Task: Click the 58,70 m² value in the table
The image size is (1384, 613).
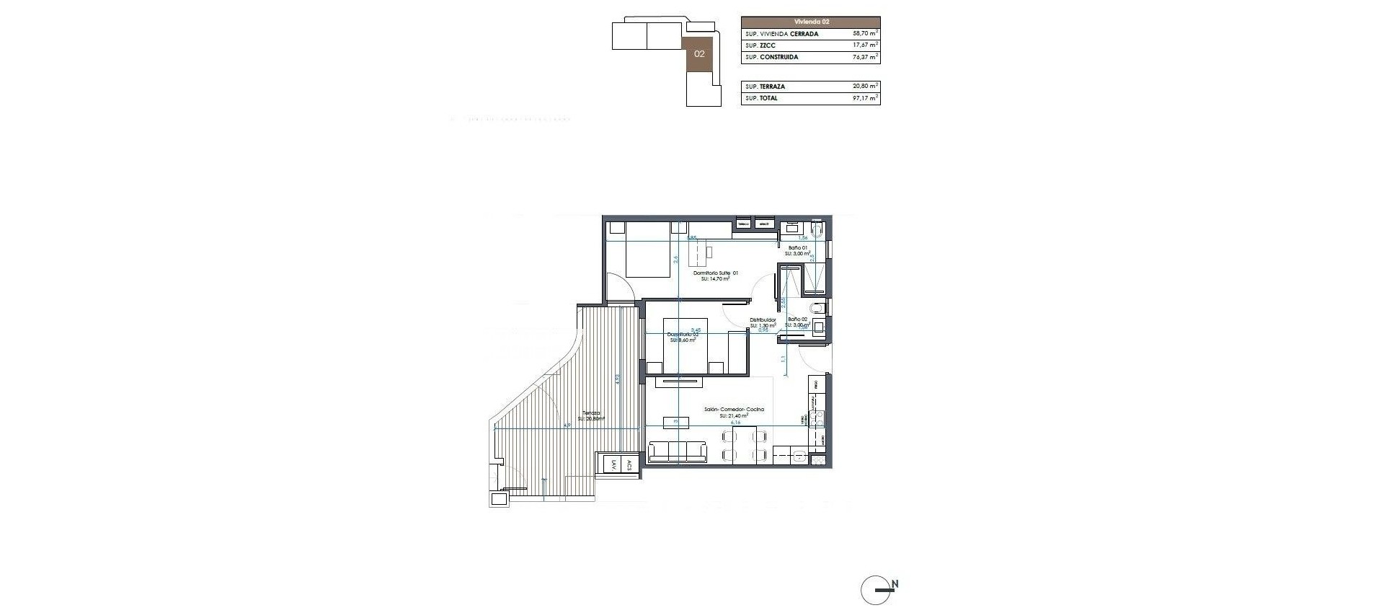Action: (864, 34)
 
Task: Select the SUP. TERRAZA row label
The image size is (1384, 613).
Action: (766, 87)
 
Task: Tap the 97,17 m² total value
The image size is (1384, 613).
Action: (864, 98)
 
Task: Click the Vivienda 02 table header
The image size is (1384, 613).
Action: (810, 22)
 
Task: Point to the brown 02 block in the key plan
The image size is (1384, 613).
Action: (698, 54)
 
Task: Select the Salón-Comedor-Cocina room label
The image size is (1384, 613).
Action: (734, 410)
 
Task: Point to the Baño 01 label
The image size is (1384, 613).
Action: (797, 247)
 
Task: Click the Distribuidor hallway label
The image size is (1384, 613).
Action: (763, 319)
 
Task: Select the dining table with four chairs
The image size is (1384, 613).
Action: (744, 444)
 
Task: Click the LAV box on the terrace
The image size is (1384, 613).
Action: (613, 465)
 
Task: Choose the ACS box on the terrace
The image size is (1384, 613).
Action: (629, 465)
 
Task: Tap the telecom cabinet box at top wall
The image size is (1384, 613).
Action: (743, 224)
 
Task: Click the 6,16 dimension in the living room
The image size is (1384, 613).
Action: (735, 423)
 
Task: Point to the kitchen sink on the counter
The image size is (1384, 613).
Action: (798, 455)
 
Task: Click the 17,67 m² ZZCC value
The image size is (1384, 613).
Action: (864, 45)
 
